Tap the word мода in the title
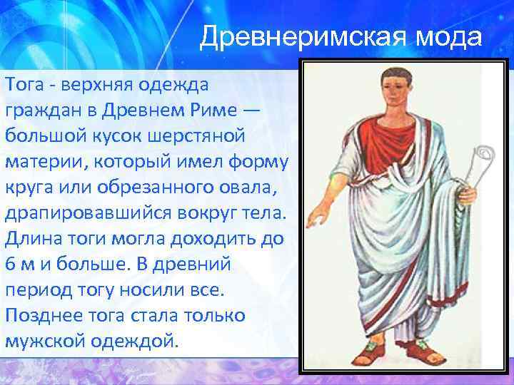(450, 36)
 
